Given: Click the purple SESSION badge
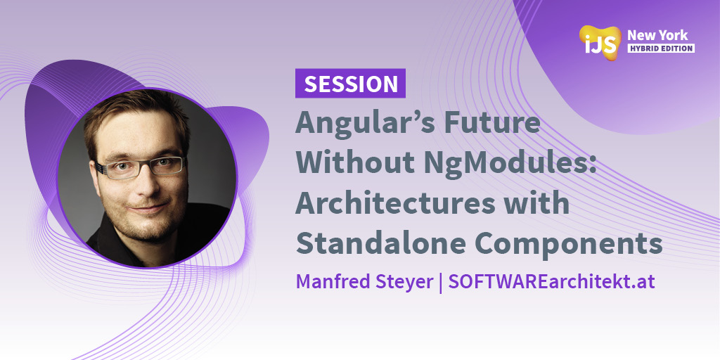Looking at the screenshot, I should pos(350,84).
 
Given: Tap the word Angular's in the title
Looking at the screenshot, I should pos(358,124).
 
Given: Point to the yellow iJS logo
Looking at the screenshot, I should pos(600,41).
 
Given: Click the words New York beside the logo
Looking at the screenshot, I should pos(657,34).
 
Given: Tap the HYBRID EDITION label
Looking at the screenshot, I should pos(660,49).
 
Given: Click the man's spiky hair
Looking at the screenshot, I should pos(134,112).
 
